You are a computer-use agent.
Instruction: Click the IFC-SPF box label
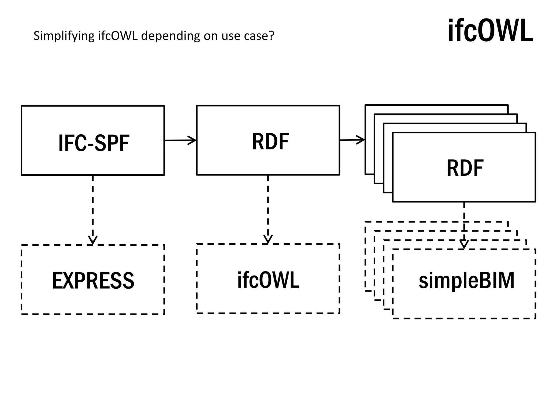coord(94,143)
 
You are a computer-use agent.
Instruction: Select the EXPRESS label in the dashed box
coord(93,281)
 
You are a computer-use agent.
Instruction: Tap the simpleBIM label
coord(466,281)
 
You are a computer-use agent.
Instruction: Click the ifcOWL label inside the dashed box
coord(268,280)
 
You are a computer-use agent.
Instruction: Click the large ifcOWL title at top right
coord(490,31)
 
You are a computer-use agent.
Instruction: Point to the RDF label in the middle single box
coord(270,141)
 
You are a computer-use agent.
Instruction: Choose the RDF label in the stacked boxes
coord(465,168)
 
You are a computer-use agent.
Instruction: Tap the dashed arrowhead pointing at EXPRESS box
coord(93,240)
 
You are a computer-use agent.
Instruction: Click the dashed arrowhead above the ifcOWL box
coord(268,239)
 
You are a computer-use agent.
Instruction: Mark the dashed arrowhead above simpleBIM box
coord(464,244)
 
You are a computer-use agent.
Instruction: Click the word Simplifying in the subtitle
coord(64,36)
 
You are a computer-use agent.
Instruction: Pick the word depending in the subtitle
coord(171,36)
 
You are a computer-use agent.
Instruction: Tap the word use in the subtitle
coord(231,36)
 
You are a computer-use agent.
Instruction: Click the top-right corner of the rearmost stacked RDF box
coord(508,105)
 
